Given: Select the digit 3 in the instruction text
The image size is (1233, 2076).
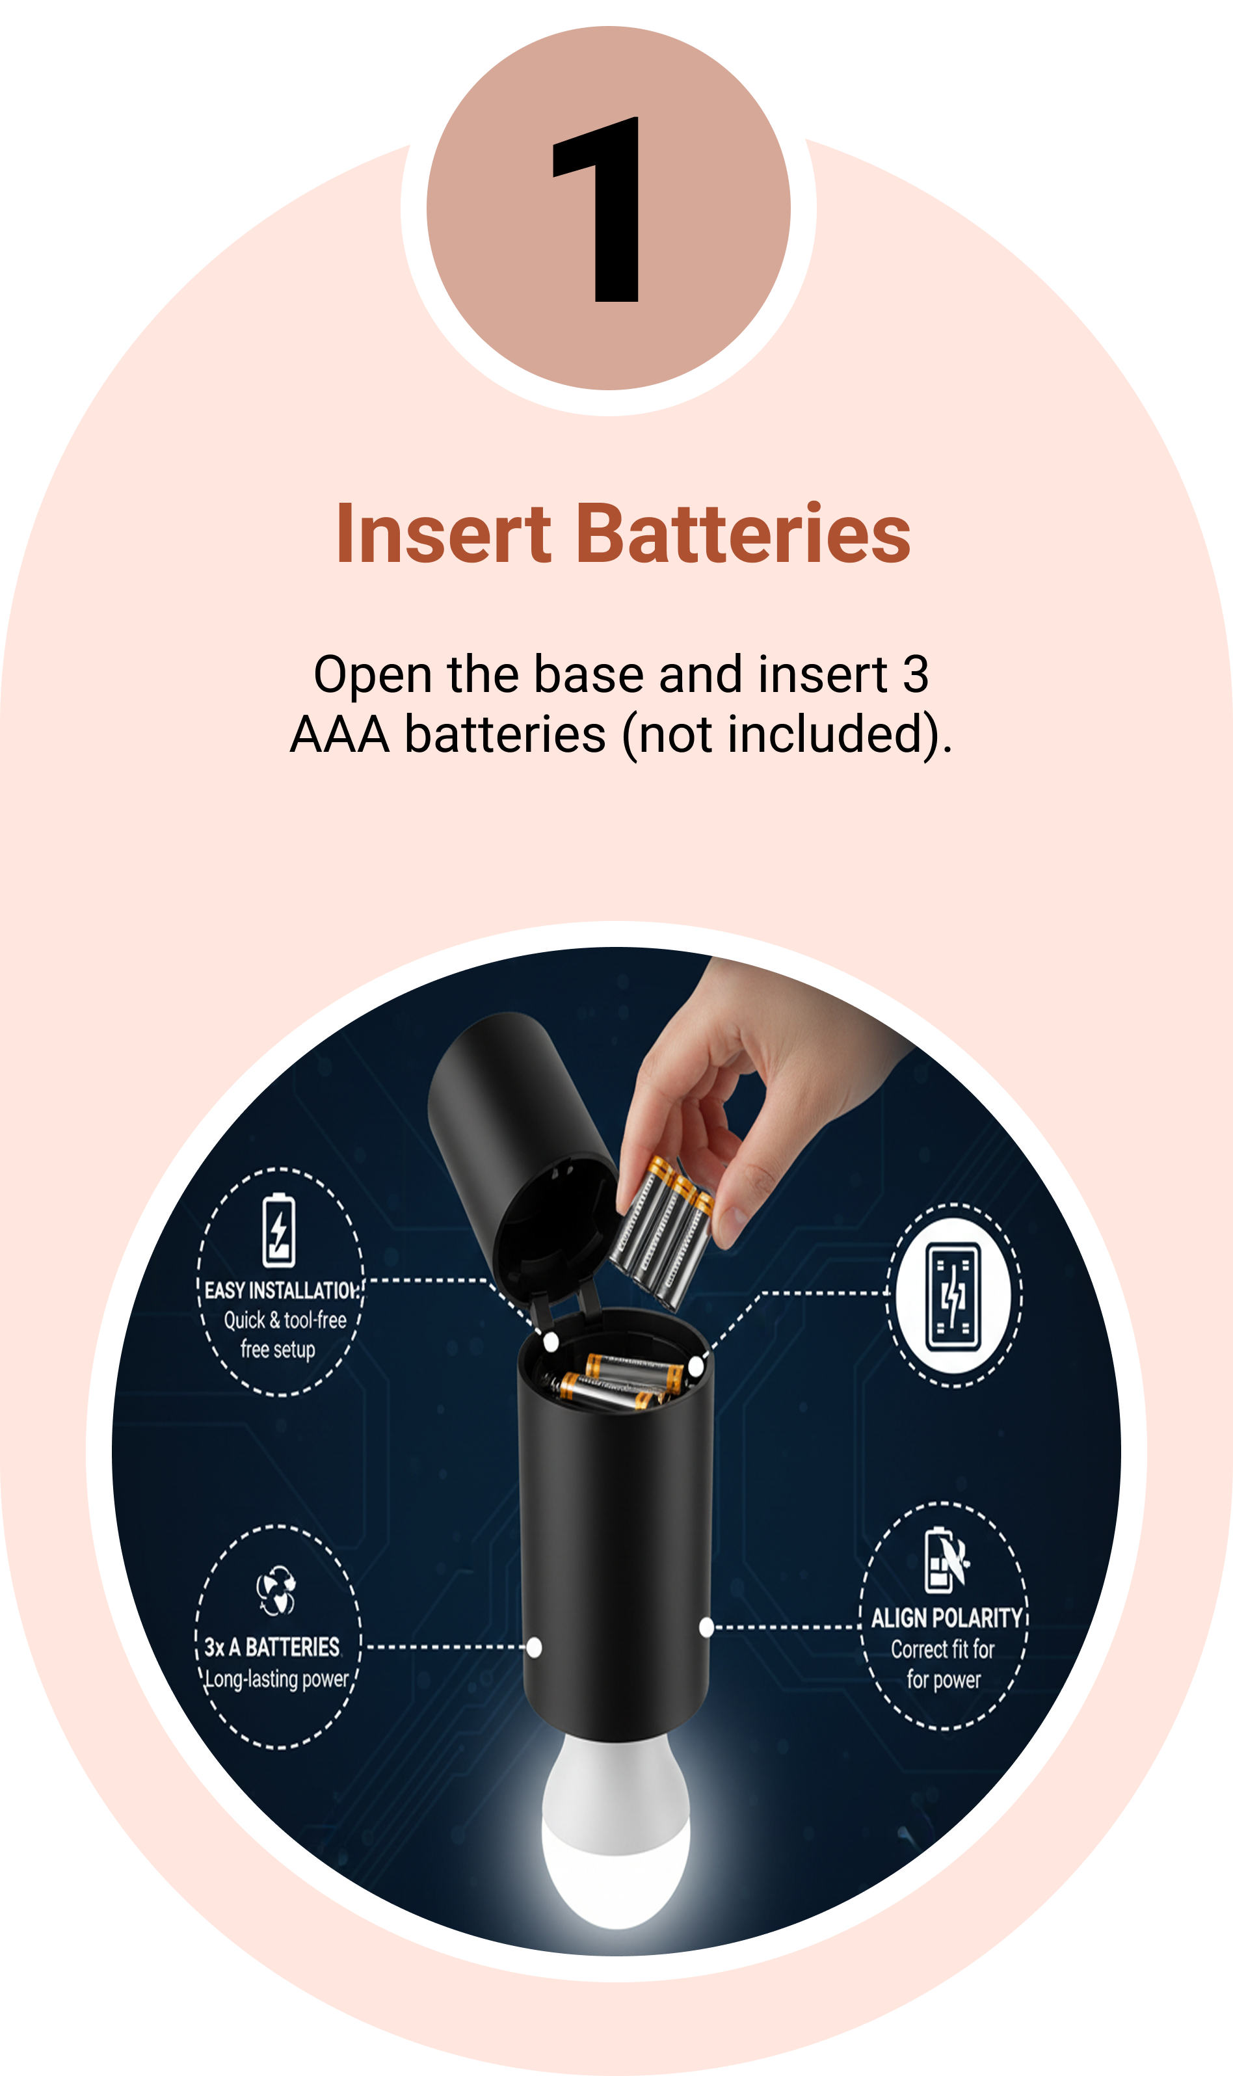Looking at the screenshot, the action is tap(916, 674).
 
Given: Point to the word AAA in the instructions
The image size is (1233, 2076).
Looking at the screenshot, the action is tap(340, 735).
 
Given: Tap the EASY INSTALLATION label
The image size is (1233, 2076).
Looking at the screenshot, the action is tap(282, 1290).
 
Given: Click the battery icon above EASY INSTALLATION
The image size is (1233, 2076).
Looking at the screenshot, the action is tap(279, 1231).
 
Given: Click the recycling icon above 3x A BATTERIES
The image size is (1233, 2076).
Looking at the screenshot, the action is tap(276, 1591).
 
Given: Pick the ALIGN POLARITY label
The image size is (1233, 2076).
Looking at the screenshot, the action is tap(946, 1617).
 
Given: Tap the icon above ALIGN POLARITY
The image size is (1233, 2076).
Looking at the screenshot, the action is tap(946, 1560).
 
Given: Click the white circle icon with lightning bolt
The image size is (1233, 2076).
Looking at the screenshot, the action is tap(953, 1296).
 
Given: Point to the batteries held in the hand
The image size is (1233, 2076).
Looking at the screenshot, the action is tap(662, 1233).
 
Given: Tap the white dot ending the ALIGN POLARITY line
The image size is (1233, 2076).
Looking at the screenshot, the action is tap(706, 1627).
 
